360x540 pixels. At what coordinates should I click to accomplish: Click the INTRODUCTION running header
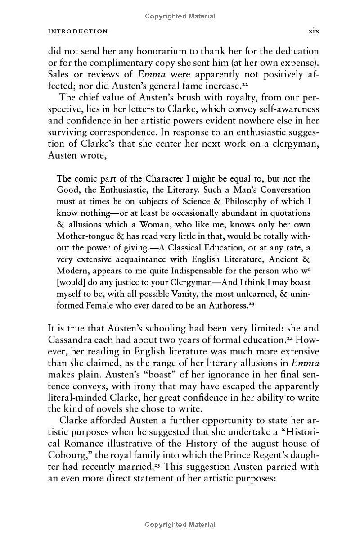point(78,32)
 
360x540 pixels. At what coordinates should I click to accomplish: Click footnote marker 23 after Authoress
point(246,304)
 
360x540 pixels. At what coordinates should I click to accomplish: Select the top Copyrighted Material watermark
point(180,16)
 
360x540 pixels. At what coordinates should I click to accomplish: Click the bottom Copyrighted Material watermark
point(180,524)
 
